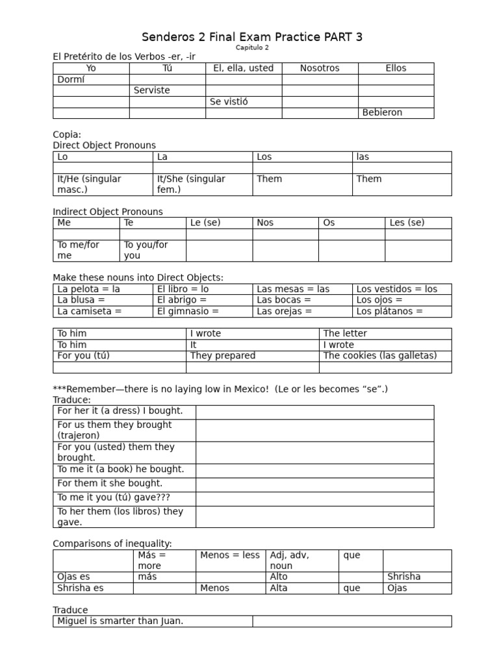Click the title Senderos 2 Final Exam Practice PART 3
click(252, 37)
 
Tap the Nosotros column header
click(320, 68)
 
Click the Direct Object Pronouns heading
click(104, 145)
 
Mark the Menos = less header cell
click(230, 556)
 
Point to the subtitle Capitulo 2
click(252, 48)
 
